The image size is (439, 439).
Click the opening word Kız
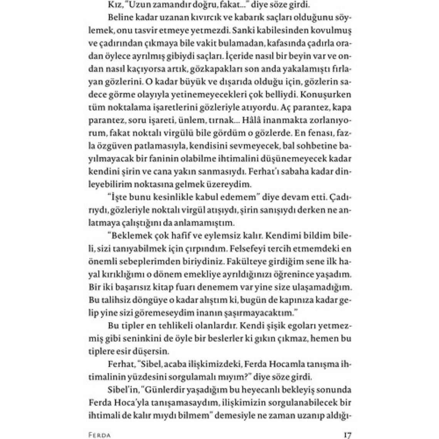pyautogui.click(x=110, y=6)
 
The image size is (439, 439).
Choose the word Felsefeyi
pyautogui.click(x=244, y=248)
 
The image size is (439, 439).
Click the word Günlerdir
pyautogui.click(x=161, y=390)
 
